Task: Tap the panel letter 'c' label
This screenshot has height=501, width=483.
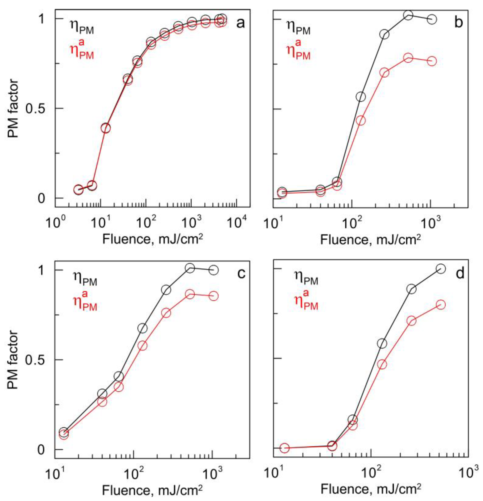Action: pos(241,274)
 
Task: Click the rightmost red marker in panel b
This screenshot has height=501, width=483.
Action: pos(432,61)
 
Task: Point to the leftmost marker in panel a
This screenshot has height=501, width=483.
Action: pos(78,189)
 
